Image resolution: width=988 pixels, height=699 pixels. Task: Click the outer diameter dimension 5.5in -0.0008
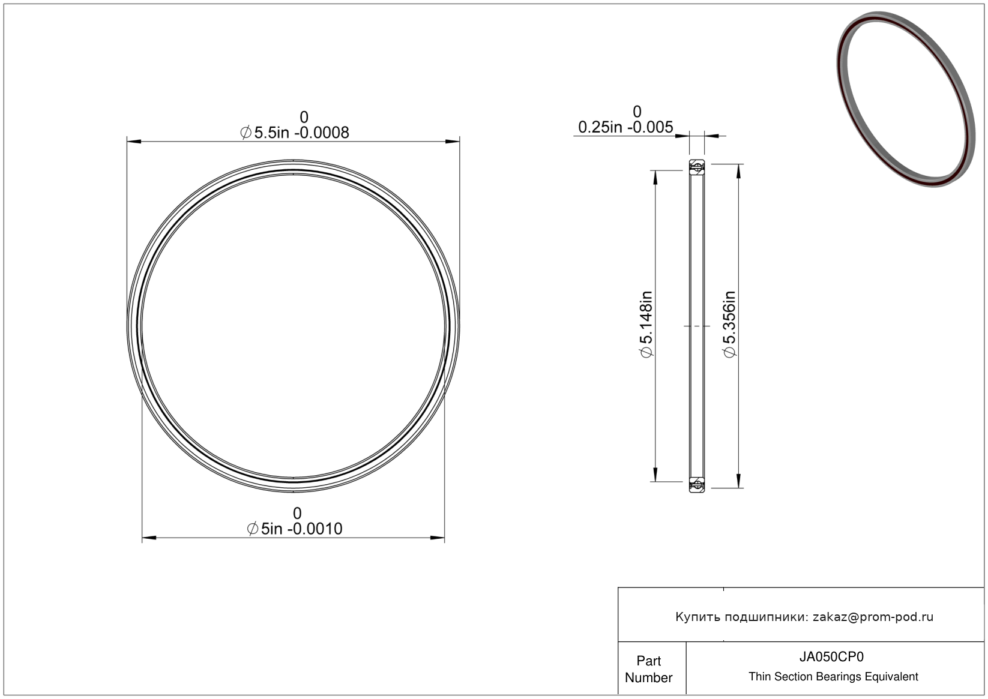(295, 133)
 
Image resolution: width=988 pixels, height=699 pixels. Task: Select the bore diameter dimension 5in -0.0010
(295, 529)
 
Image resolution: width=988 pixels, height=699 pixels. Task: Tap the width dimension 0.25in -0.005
(625, 127)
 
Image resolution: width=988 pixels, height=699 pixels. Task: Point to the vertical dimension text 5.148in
(646, 324)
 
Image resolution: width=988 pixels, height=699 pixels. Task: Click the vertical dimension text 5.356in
(729, 324)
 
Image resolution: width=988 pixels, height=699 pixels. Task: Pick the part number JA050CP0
(831, 657)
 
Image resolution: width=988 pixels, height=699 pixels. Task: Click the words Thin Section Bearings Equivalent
(833, 677)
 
